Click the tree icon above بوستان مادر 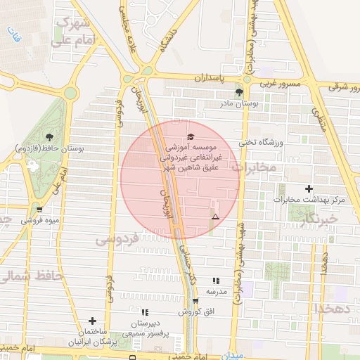point(240,92)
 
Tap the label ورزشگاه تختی point(262,142)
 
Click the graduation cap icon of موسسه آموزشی point(189,137)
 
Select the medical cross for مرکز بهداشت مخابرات point(309,188)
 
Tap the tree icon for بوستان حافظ point(49,136)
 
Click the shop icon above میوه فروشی point(39,209)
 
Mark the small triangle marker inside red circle point(215,217)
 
